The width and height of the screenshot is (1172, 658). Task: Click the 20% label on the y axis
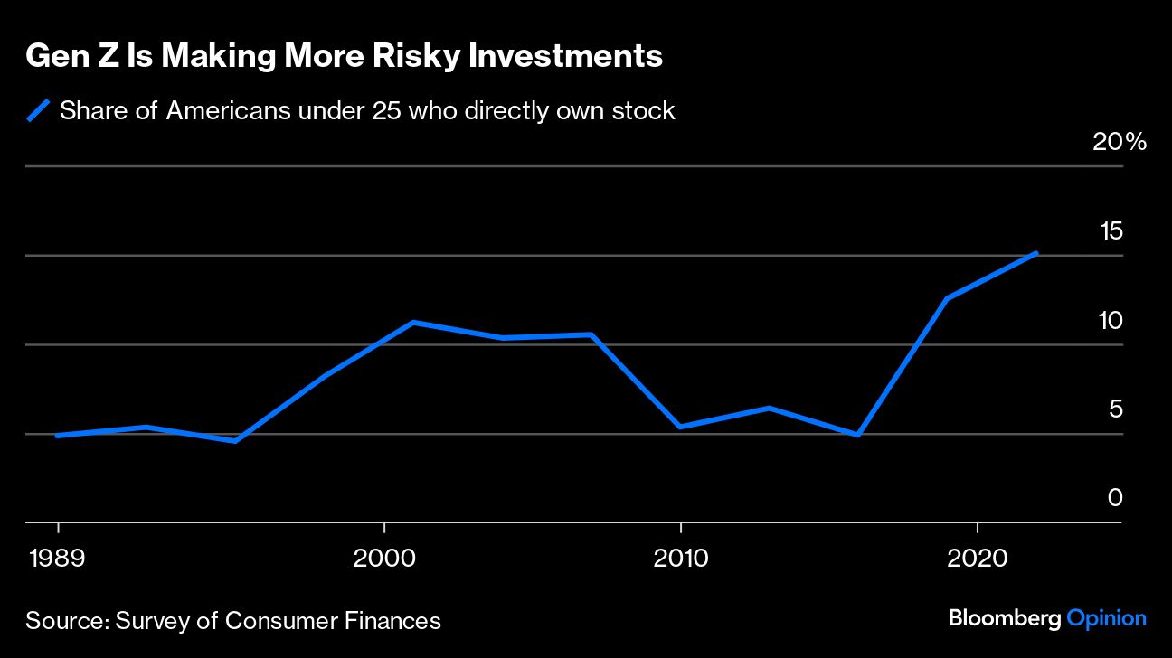(1120, 143)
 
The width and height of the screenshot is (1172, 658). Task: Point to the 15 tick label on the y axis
(1111, 231)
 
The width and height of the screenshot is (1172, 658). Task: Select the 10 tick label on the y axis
(1111, 321)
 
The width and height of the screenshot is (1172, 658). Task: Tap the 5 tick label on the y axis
(1115, 409)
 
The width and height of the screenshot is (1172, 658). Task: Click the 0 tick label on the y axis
(1115, 498)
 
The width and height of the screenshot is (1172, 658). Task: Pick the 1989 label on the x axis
(58, 558)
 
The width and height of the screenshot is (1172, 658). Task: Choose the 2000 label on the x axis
(384, 558)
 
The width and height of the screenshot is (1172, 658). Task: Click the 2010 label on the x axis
(680, 558)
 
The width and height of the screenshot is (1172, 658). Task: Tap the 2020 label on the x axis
(977, 558)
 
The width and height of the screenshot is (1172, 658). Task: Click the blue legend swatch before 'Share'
(38, 111)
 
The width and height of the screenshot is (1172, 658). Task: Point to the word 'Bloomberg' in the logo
(1005, 619)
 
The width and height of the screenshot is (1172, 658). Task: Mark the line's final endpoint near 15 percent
(1036, 253)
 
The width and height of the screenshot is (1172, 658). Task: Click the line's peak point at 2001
(413, 322)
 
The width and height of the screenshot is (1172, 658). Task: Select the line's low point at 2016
(857, 436)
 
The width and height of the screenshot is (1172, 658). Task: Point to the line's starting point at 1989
(58, 436)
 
